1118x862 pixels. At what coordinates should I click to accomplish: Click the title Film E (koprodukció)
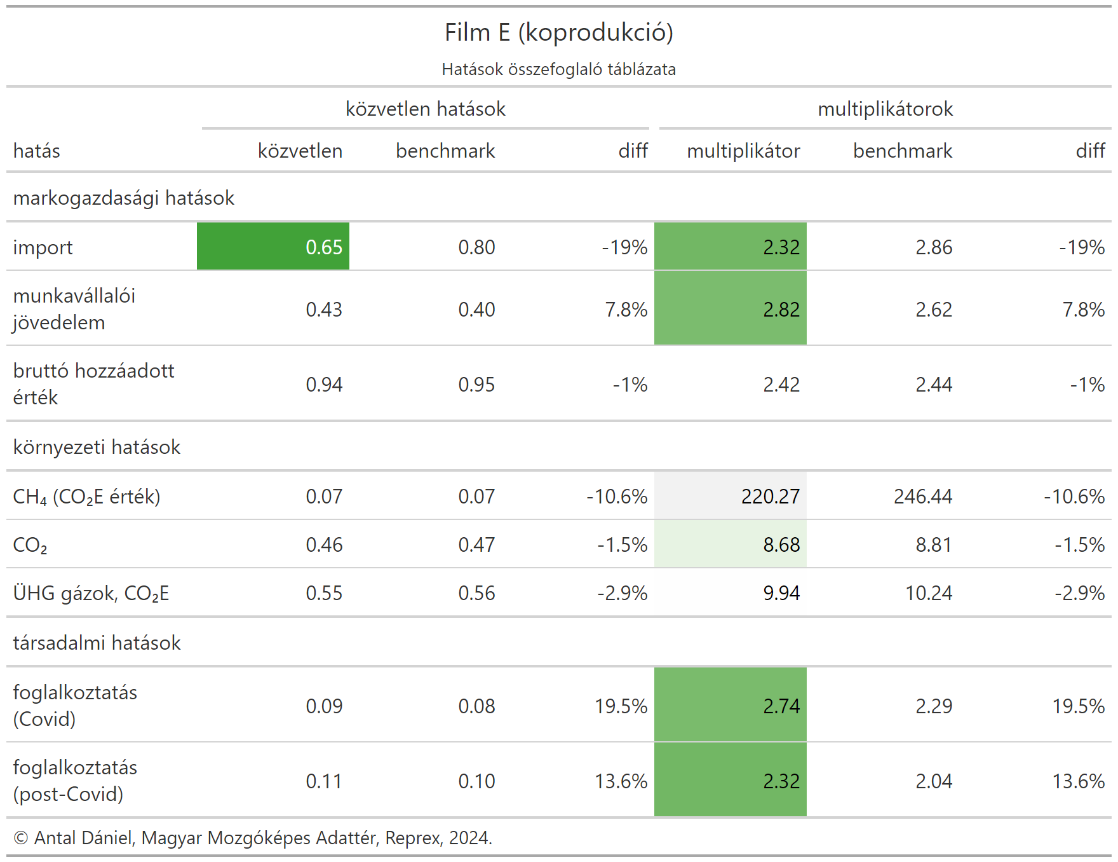click(x=558, y=32)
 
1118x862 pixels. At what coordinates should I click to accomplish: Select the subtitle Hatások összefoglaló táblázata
click(x=558, y=69)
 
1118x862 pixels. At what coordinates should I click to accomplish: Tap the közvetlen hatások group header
click(x=425, y=109)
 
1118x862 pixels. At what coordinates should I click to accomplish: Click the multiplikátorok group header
click(x=885, y=109)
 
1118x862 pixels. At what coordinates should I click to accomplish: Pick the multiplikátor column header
click(x=743, y=151)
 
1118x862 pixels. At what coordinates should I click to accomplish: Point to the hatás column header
click(x=37, y=151)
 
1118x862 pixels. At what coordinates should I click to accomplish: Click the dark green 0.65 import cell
click(x=273, y=247)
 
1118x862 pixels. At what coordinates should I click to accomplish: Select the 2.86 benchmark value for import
click(x=934, y=247)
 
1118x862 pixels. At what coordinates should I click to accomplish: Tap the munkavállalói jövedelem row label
click(x=74, y=309)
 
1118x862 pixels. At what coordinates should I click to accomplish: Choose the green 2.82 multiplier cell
click(x=731, y=309)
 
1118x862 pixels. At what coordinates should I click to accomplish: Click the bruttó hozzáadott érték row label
click(x=93, y=384)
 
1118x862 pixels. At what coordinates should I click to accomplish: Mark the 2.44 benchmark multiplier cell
click(x=934, y=385)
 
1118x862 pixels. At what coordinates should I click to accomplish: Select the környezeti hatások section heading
click(x=97, y=448)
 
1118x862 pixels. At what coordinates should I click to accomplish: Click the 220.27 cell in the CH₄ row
click(x=731, y=496)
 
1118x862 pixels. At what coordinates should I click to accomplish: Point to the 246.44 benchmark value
click(x=923, y=496)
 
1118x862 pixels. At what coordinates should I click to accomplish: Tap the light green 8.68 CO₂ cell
click(x=731, y=545)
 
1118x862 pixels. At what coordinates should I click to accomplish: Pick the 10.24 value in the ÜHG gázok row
click(x=928, y=593)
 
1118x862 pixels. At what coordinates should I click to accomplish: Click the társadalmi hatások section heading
click(x=97, y=643)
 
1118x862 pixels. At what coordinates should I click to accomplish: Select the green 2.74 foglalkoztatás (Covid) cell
click(x=731, y=706)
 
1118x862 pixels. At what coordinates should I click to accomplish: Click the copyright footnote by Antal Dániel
click(x=253, y=838)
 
